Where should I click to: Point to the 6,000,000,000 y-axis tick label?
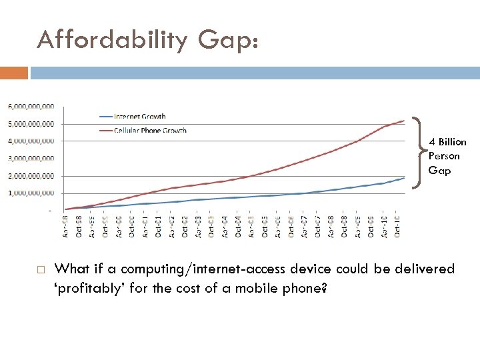tap(31, 107)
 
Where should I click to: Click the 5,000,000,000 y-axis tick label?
tap(31, 124)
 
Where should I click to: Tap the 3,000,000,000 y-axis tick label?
tap(31, 159)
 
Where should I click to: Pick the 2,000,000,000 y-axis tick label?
tap(31, 176)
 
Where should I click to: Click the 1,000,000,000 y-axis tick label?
tap(31, 193)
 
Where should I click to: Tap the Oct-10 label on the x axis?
tap(397, 226)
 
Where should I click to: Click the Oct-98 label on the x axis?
tap(79, 226)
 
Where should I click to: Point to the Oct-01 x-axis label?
tap(159, 226)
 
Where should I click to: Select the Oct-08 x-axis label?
tap(344, 226)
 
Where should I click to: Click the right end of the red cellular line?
tap(404, 121)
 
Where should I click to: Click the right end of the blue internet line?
tap(404, 178)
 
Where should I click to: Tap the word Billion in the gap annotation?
tap(451, 142)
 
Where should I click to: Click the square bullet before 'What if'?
tap(40, 270)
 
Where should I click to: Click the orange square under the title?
tap(14, 72)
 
